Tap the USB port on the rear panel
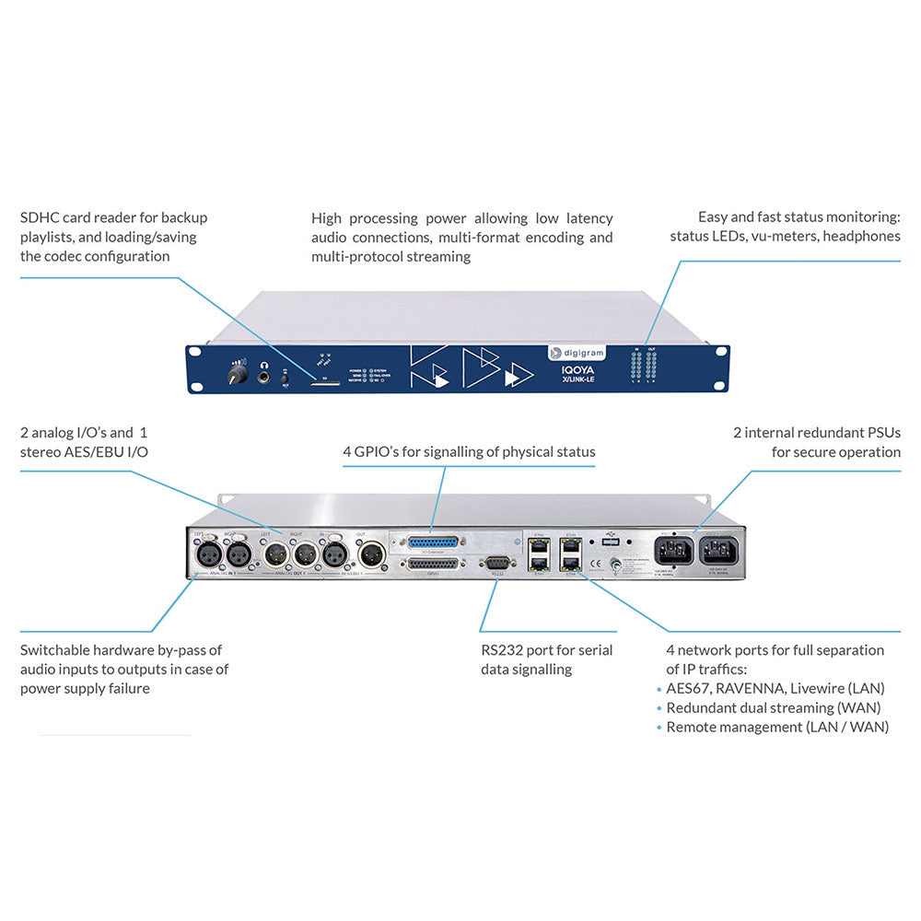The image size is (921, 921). (x=608, y=542)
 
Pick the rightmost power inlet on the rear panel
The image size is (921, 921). (x=720, y=550)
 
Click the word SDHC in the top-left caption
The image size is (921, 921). (x=41, y=218)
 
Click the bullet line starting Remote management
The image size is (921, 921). (x=776, y=727)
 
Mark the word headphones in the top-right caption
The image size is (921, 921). (x=862, y=237)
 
